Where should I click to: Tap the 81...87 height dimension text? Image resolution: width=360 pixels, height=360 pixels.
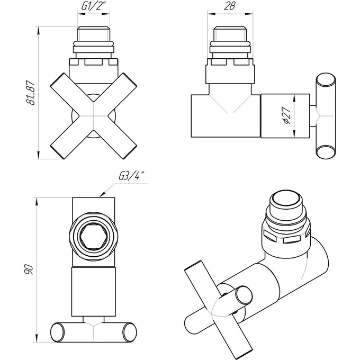click(31, 93)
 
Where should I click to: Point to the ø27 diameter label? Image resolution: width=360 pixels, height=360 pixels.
click(287, 115)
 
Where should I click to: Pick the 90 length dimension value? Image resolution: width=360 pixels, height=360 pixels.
click(30, 269)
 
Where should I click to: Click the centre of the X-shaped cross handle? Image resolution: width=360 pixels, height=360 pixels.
click(94, 116)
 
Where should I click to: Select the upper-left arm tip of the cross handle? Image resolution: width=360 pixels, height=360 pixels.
click(57, 79)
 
